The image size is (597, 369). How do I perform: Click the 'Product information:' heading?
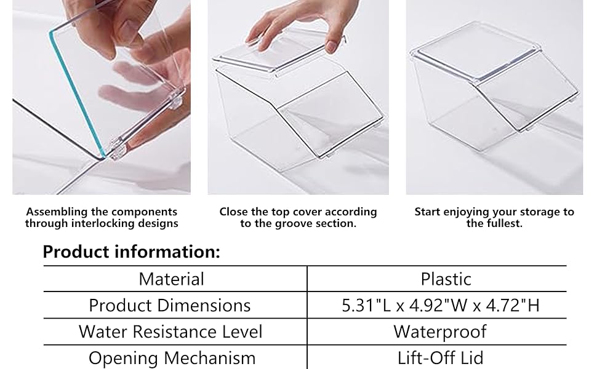pyautogui.click(x=131, y=252)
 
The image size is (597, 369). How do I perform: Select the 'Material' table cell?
pyautogui.click(x=171, y=279)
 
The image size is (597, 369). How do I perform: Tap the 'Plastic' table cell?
pyautogui.click(x=446, y=279)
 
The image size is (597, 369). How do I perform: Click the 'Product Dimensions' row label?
pyautogui.click(x=170, y=305)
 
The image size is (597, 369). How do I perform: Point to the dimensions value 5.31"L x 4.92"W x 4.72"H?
pyautogui.click(x=441, y=305)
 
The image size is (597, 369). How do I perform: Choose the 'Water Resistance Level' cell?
pyautogui.click(x=170, y=331)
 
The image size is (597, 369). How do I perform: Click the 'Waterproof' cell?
pyautogui.click(x=440, y=331)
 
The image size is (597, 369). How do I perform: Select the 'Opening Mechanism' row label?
pyautogui.click(x=172, y=358)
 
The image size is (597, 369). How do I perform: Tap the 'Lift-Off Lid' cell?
pyautogui.click(x=441, y=358)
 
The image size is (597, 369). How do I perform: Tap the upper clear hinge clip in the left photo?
pyautogui.click(x=175, y=99)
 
